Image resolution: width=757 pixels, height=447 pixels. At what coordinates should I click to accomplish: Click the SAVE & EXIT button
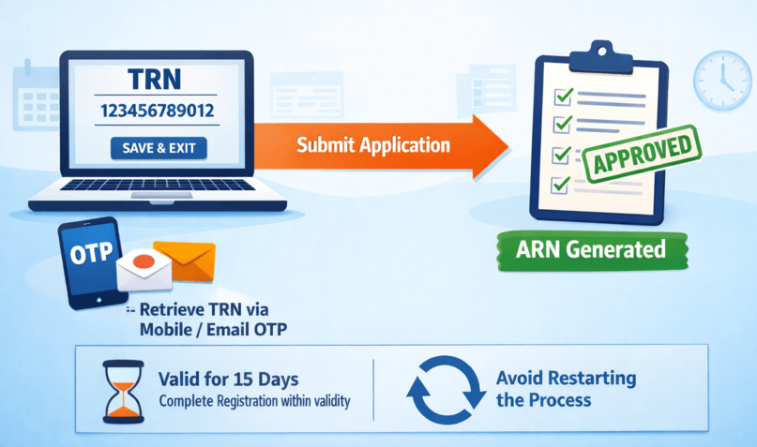pyautogui.click(x=158, y=147)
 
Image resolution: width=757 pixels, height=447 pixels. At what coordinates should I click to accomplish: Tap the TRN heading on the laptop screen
pyautogui.click(x=158, y=80)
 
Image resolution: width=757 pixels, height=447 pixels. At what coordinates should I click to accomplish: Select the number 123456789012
pyautogui.click(x=158, y=112)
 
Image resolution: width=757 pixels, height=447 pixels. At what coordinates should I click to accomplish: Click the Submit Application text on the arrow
pyautogui.click(x=373, y=145)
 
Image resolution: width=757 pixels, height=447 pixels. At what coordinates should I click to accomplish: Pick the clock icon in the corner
pyautogui.click(x=717, y=76)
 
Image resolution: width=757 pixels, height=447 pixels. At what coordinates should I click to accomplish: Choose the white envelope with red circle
pyautogui.click(x=144, y=270)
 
